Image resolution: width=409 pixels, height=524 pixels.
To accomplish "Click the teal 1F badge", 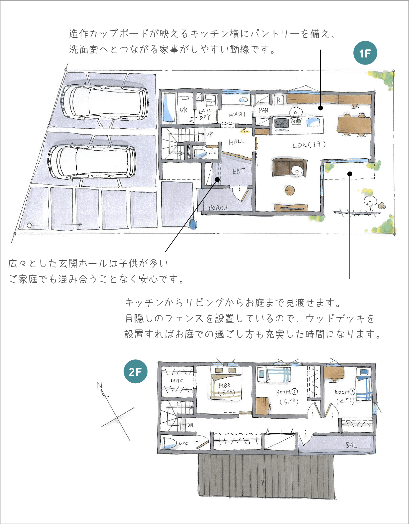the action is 365,53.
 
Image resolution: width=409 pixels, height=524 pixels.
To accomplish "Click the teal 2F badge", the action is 135,371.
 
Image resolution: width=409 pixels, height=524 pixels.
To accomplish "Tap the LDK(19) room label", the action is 309,145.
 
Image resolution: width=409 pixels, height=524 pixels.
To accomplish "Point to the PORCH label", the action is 218,207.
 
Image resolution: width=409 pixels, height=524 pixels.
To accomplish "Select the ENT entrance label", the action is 239,171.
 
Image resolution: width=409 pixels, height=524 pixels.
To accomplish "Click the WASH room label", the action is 237,114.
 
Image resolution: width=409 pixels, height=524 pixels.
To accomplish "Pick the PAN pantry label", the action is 263,110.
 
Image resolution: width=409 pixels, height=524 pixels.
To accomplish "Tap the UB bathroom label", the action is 183,110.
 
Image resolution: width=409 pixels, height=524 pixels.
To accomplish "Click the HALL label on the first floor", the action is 236,142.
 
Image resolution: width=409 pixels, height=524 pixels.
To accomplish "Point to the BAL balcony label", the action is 351,445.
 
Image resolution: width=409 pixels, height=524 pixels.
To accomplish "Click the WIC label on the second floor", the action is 177,380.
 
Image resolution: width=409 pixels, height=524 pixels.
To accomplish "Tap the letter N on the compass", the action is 100,385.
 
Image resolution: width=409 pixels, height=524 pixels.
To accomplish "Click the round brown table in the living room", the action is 290,190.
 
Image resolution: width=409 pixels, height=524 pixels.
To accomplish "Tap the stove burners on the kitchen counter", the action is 282,123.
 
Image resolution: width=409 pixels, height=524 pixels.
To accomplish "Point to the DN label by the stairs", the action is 190,425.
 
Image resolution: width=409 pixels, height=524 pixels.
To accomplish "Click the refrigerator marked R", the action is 279,100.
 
